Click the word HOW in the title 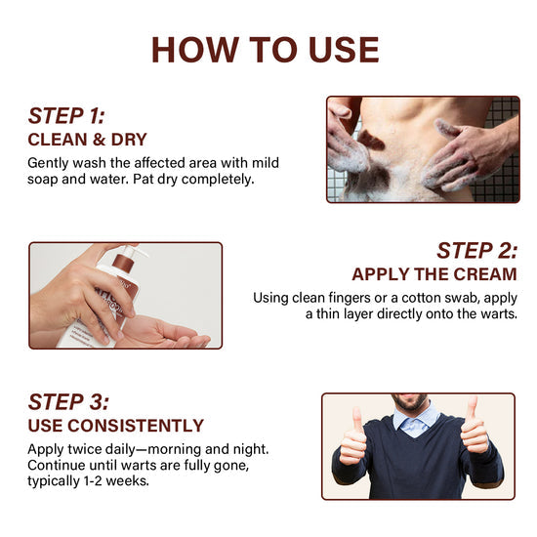pos(195,50)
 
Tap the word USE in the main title pos(344,50)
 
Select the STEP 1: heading pos(66,116)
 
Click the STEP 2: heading pos(476,250)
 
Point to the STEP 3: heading pos(68,401)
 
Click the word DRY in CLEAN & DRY pos(129,140)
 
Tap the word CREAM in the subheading pos(485,274)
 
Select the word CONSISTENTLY pos(136,426)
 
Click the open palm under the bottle pos(164,332)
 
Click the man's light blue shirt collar pos(415,420)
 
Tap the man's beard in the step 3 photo pos(410,402)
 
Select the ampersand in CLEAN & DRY pos(99,140)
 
